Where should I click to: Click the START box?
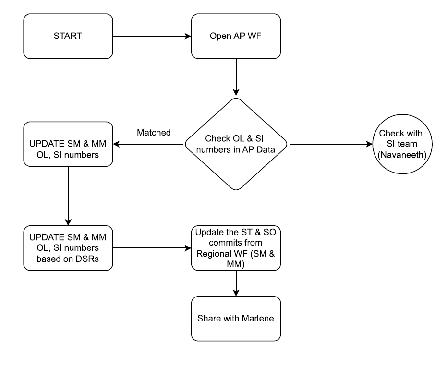coord(68,36)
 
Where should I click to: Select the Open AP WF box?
coord(235,36)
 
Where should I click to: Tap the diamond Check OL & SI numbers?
coord(236,144)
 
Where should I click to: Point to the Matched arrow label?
coord(154,133)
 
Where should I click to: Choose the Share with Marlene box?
coord(235,319)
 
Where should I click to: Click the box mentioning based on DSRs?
coord(68,248)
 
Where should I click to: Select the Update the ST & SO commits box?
coord(235,248)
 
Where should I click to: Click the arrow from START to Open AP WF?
coord(152,36)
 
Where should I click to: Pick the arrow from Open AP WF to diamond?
coord(236,77)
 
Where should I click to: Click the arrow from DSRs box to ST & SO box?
coord(152,248)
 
